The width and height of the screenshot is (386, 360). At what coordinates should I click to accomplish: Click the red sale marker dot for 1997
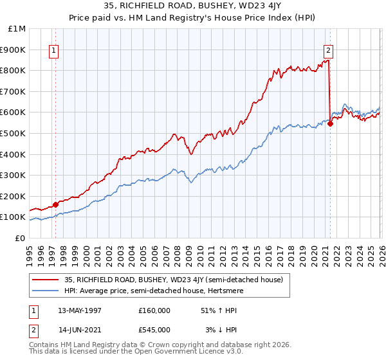pyautogui.click(x=55, y=204)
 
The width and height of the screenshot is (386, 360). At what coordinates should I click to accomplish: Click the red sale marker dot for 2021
pyautogui.click(x=330, y=124)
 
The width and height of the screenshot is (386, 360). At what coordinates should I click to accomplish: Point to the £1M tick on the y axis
pyautogui.click(x=17, y=28)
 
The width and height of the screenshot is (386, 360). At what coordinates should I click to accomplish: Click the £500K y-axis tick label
pyautogui.click(x=14, y=133)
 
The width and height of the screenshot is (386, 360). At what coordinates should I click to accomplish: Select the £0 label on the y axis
pyautogui.click(x=20, y=238)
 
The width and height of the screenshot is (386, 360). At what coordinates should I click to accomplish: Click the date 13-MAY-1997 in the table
pyautogui.click(x=80, y=310)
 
